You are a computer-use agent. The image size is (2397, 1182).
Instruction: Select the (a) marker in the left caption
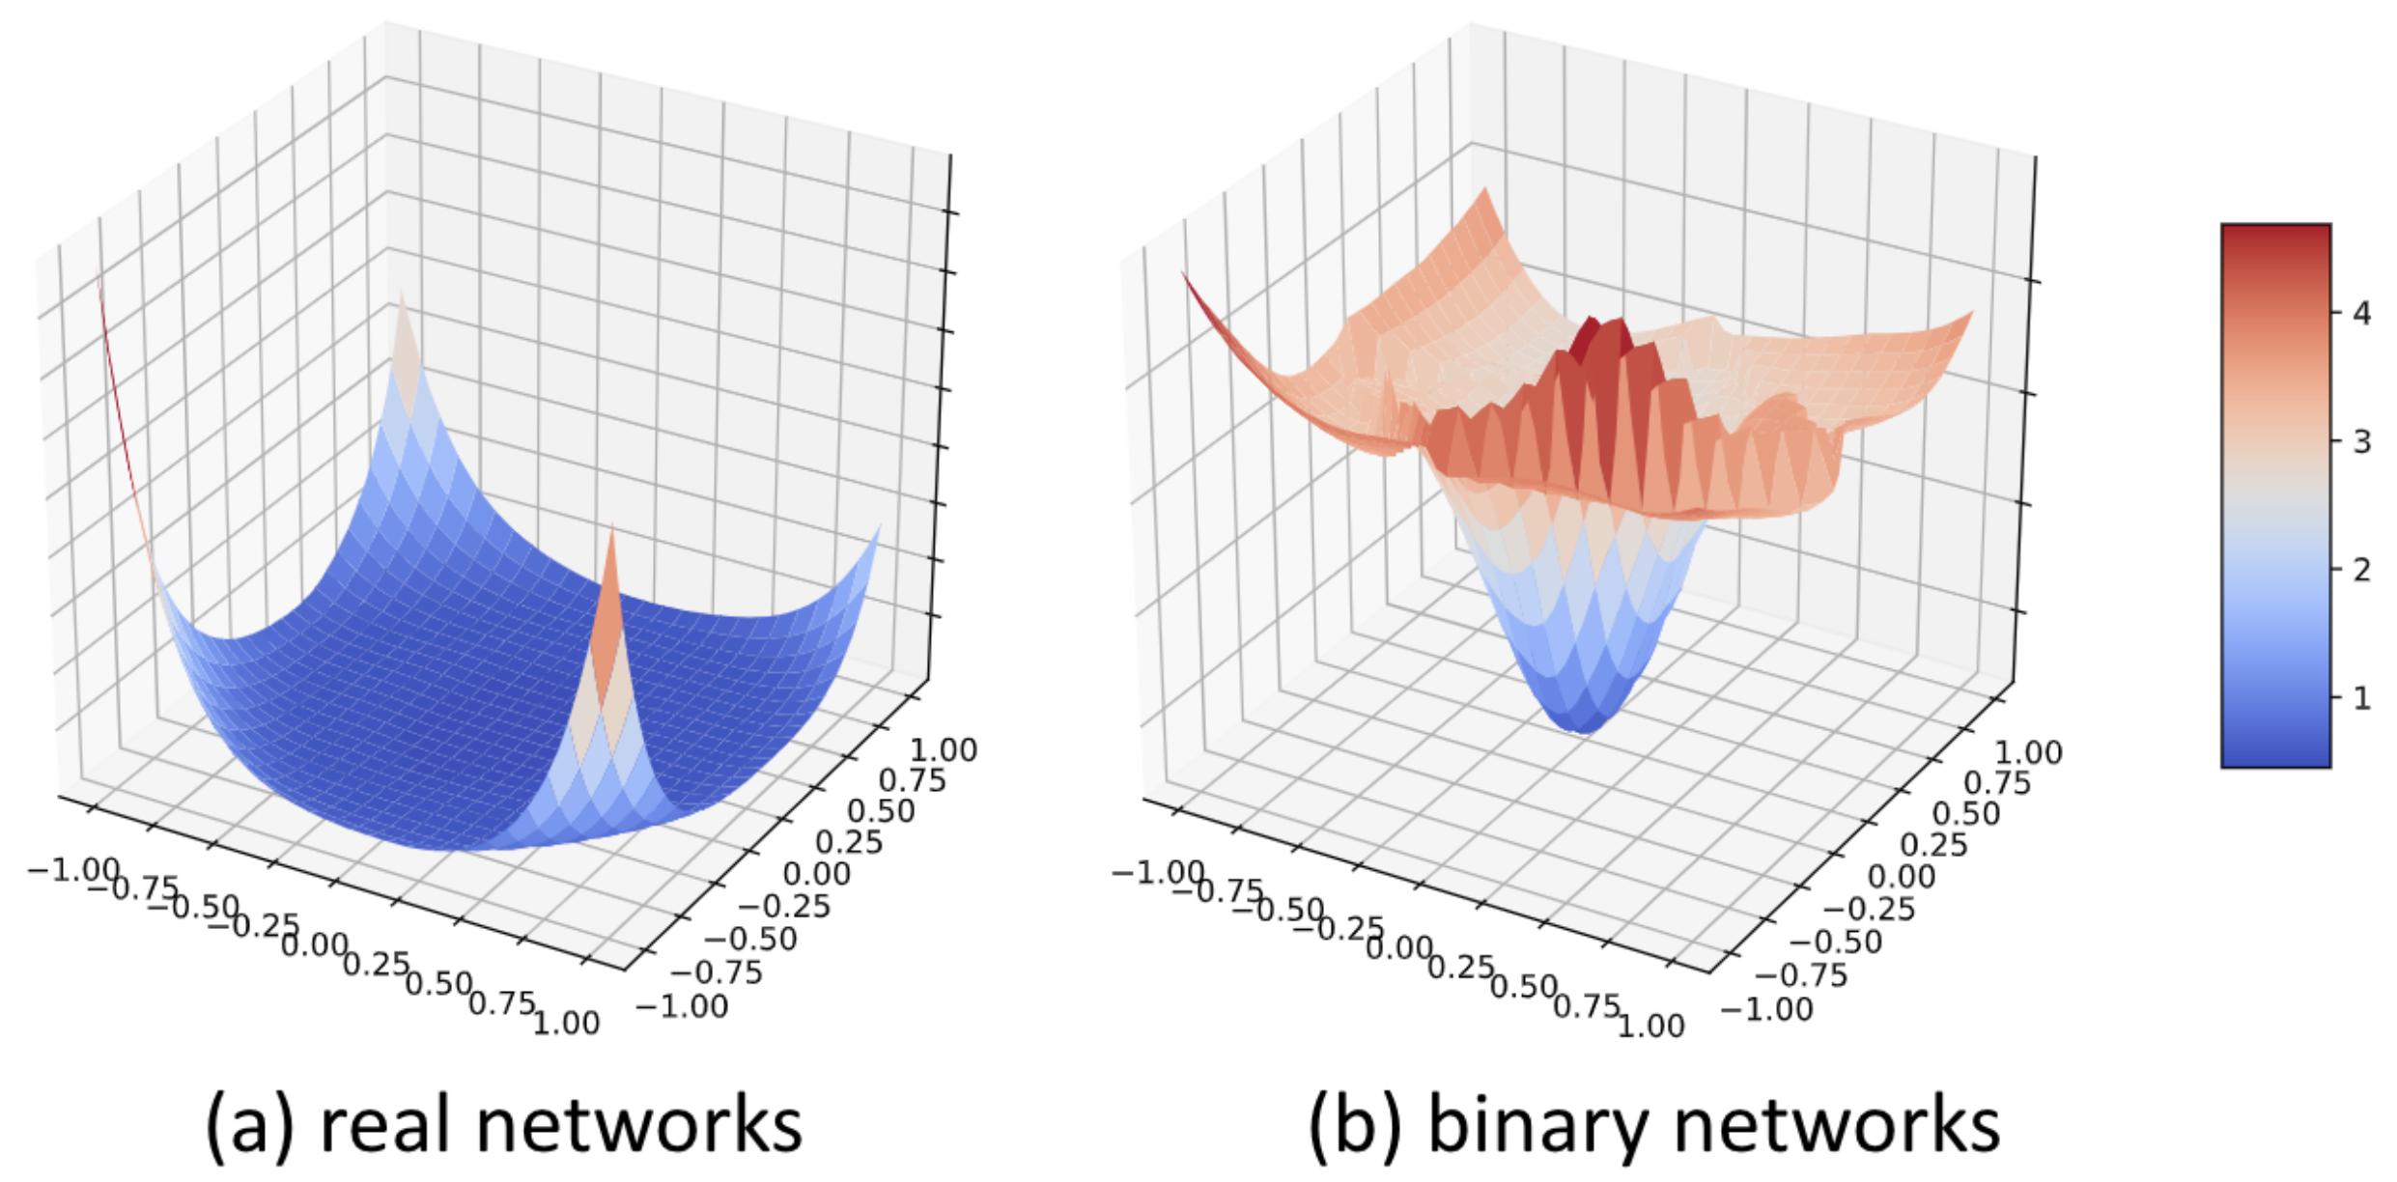[249, 1126]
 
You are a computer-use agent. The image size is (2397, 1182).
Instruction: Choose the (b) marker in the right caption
[1354, 1126]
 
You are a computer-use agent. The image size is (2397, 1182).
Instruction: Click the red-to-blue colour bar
[2275, 495]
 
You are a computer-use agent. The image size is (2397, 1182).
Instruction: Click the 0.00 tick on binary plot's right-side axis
[1902, 877]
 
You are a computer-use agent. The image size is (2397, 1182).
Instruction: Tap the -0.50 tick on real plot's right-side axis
[751, 940]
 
